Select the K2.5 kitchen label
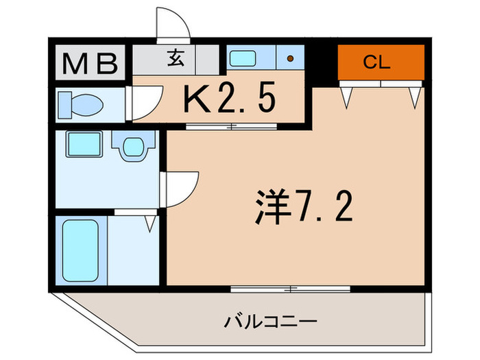(229, 99)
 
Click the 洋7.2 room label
(302, 205)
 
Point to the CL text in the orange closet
(376, 63)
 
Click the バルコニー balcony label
(269, 321)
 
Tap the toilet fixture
(81, 106)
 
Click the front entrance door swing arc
(172, 25)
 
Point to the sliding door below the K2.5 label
(232, 126)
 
